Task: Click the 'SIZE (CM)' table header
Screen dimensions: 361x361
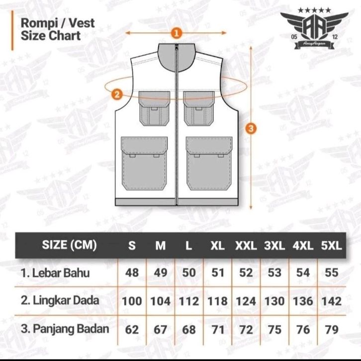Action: click(69, 245)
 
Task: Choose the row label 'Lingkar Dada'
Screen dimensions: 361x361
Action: click(60, 300)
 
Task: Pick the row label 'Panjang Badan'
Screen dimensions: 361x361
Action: click(65, 328)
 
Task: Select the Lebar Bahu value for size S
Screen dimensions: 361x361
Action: click(132, 272)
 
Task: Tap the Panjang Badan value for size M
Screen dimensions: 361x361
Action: click(160, 329)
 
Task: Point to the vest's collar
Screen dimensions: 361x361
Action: click(175, 56)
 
